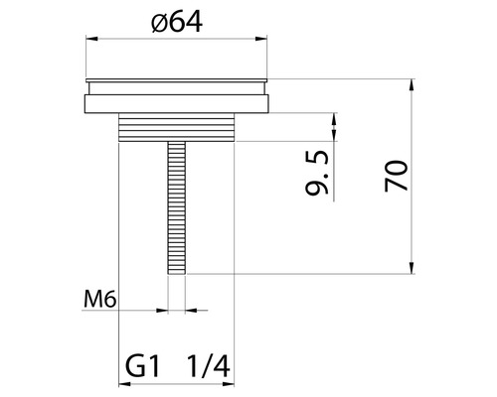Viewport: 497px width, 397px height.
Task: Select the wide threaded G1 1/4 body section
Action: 177,126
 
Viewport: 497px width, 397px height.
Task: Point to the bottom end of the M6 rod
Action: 177,271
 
